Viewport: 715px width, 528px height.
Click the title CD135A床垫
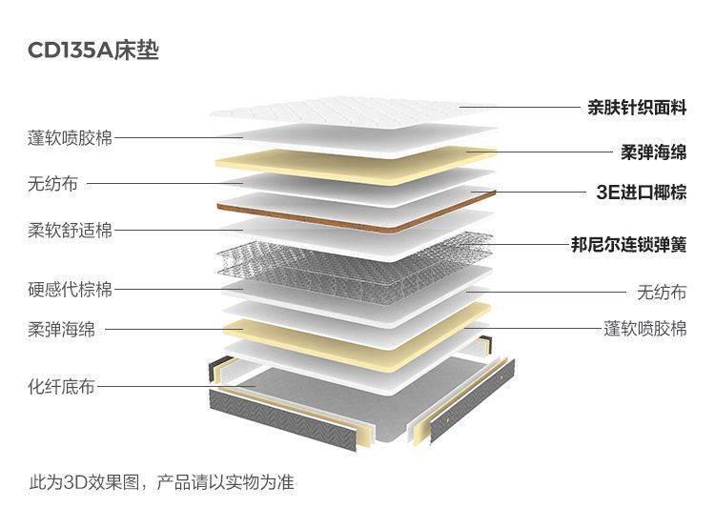(x=93, y=51)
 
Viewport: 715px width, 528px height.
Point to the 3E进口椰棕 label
(x=641, y=193)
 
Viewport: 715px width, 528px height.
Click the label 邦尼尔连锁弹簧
(x=628, y=245)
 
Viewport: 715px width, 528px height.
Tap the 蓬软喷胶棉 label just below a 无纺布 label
(x=645, y=329)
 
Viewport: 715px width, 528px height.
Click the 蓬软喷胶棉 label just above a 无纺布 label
(x=70, y=138)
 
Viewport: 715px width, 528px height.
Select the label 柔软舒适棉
(x=70, y=231)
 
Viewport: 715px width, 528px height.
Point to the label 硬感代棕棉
(x=70, y=289)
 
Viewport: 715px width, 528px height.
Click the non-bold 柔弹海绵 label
(x=61, y=330)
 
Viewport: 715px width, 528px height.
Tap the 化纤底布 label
(x=61, y=387)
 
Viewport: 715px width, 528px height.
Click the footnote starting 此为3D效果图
(x=161, y=482)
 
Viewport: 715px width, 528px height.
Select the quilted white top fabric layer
(x=353, y=112)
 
